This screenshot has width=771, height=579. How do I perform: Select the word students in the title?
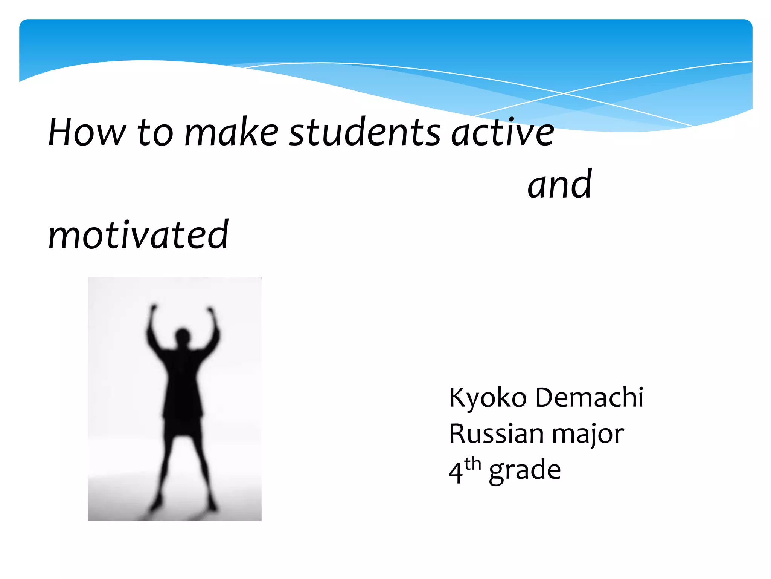[364, 133]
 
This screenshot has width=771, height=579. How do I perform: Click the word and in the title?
[559, 184]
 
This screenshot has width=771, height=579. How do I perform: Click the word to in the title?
[155, 133]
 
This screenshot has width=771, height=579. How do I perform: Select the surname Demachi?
[589, 397]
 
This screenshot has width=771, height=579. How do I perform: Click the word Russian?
[496, 433]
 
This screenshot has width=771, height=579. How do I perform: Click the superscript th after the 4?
[473, 464]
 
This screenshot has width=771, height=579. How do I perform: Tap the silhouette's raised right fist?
[211, 311]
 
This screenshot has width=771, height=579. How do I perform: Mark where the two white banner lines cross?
[564, 93]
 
